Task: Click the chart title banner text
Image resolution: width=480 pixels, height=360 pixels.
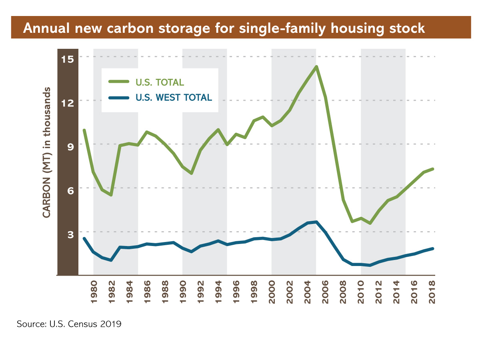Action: click(224, 28)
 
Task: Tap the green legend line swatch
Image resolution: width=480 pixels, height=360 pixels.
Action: click(119, 82)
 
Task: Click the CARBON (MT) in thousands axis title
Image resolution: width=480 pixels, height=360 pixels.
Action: click(47, 152)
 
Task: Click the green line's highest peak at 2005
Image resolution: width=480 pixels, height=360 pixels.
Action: click(316, 67)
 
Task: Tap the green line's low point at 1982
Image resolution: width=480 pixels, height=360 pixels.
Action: click(111, 195)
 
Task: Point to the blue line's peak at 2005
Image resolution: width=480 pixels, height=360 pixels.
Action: click(316, 222)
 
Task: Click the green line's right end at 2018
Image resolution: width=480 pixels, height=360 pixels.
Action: click(432, 169)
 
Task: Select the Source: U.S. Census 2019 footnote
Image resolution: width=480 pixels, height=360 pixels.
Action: click(69, 324)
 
